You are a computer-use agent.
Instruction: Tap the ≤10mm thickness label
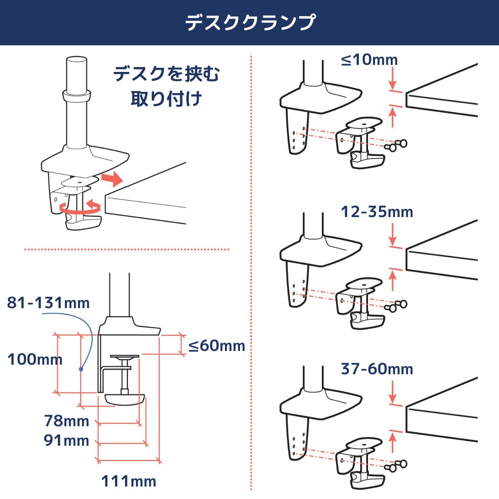[x=370, y=60]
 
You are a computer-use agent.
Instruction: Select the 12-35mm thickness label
[x=377, y=212]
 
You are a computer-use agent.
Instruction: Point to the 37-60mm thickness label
[x=377, y=369]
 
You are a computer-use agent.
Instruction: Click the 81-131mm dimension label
[x=48, y=303]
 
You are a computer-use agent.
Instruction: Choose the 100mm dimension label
[x=35, y=359]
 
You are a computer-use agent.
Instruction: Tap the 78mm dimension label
[x=67, y=421]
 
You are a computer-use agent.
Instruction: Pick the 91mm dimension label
[x=67, y=440]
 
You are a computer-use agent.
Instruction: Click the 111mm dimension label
[x=128, y=482]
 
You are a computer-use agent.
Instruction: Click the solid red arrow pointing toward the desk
[x=112, y=179]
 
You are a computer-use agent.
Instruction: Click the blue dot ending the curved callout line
[x=81, y=369]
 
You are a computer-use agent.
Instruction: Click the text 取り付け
[x=166, y=99]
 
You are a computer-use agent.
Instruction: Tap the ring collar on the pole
[x=77, y=95]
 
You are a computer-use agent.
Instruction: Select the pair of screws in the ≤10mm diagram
[x=395, y=145]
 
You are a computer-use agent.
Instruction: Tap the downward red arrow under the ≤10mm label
[x=393, y=78]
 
